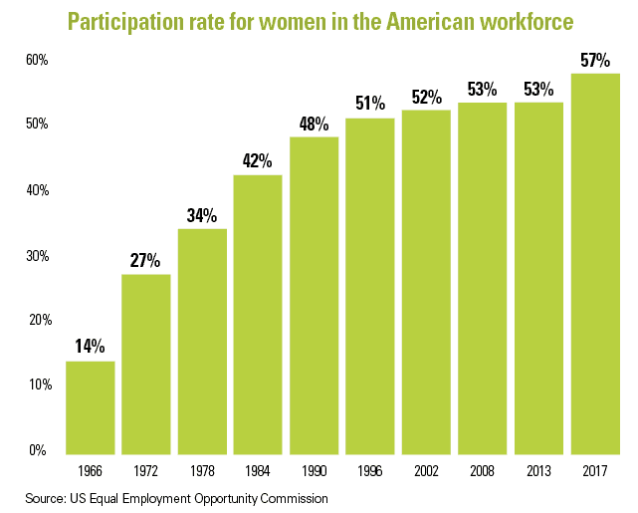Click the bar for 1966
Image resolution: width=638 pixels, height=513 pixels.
click(91, 405)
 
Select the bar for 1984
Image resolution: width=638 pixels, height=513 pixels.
click(258, 313)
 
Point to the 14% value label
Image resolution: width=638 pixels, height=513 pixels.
click(90, 347)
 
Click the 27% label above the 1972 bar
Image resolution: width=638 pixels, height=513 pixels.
click(145, 261)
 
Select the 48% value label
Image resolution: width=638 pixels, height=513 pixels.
click(314, 124)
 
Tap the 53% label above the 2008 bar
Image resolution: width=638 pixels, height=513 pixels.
click(483, 89)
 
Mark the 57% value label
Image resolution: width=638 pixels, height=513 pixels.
click(594, 60)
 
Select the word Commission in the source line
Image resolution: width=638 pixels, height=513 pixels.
click(289, 497)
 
